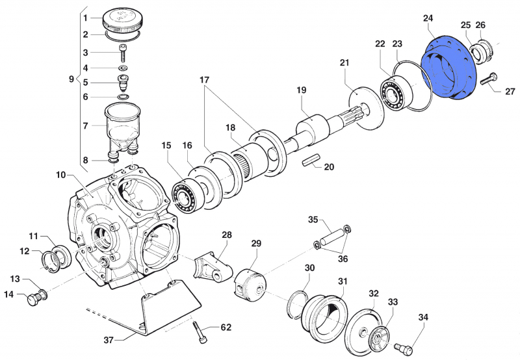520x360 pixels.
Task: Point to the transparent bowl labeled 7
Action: (123, 123)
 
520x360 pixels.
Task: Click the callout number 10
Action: (60, 175)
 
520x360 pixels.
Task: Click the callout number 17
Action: (205, 80)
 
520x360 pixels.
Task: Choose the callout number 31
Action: (343, 281)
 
